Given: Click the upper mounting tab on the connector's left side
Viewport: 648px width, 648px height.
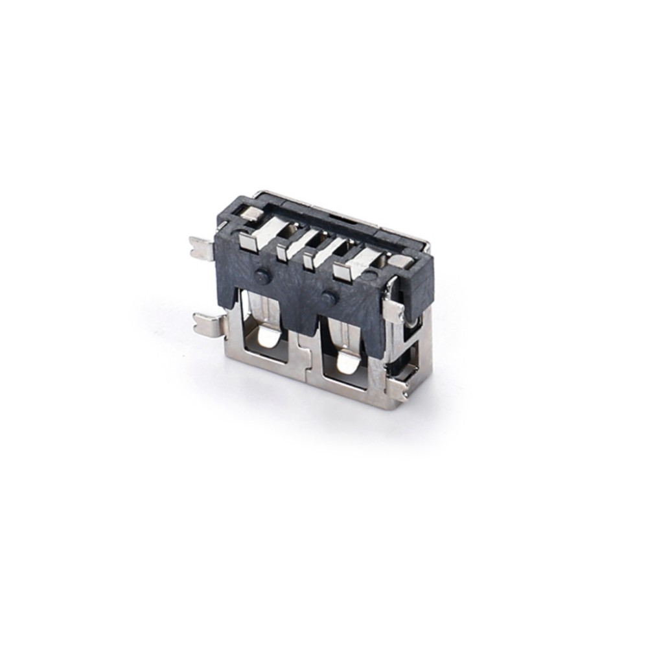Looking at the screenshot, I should coord(201,248).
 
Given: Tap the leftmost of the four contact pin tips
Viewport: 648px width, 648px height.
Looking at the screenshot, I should coord(247,241).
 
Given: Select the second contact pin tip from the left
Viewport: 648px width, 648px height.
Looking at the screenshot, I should coord(282,251).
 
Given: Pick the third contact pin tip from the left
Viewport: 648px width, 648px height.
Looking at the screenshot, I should coord(308,259).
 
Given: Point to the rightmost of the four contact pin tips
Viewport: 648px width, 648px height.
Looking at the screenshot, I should coord(341,272).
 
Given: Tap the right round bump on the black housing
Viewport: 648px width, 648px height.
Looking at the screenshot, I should coord(329,298).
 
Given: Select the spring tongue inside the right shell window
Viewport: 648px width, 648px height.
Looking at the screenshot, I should coord(347,362).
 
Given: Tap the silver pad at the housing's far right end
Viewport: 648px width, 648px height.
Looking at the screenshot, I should coord(400,261).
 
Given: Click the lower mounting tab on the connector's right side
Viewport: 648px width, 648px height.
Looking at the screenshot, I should coord(399,389).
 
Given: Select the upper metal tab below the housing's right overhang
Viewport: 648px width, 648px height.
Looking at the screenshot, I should coord(393,310).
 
